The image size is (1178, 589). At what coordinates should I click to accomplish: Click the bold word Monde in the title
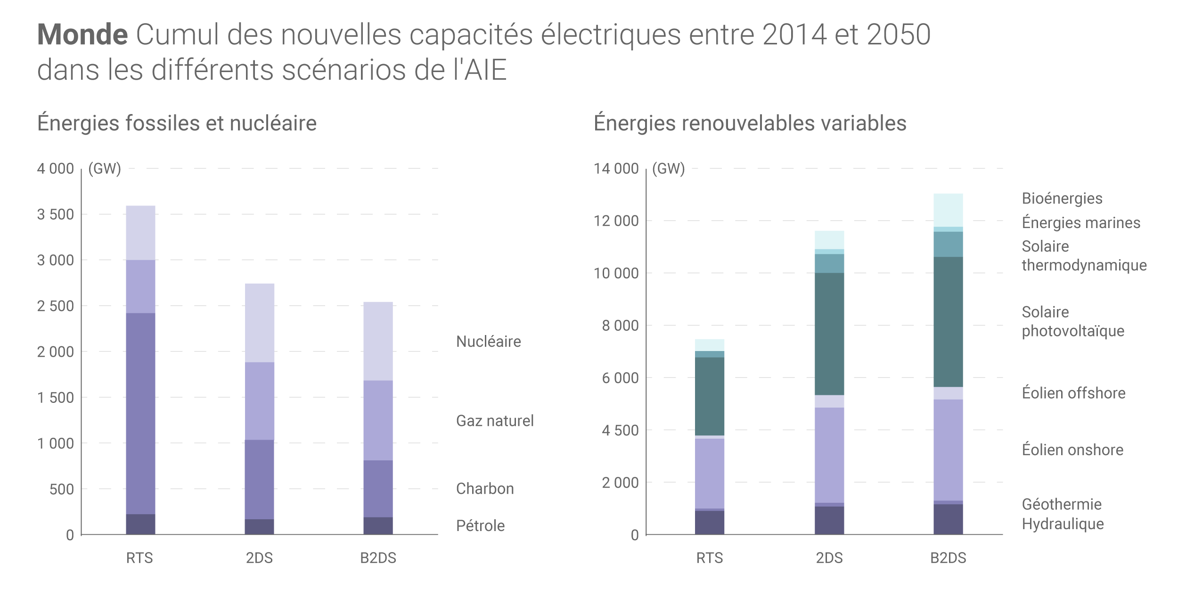click(x=82, y=34)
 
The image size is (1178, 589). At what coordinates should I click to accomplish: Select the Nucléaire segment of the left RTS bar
click(x=140, y=233)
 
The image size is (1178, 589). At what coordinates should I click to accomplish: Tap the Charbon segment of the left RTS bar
click(x=140, y=413)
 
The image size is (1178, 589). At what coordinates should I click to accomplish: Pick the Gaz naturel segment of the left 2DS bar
click(x=259, y=401)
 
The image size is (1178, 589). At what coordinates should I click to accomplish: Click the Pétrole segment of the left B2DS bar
click(x=378, y=526)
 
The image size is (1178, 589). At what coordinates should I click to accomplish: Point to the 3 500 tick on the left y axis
click(x=56, y=214)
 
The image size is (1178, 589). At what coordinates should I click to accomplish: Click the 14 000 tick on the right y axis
click(x=616, y=169)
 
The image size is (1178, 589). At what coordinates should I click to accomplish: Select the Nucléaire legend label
click(x=489, y=342)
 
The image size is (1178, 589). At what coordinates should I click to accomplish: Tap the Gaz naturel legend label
click(x=495, y=421)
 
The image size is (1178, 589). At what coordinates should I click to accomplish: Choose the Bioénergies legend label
click(x=1062, y=198)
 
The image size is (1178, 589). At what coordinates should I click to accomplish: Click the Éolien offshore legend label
click(x=1073, y=393)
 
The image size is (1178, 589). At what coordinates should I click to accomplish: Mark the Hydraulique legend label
click(x=1063, y=524)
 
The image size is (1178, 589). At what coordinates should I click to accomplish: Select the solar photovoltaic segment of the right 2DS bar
click(x=829, y=334)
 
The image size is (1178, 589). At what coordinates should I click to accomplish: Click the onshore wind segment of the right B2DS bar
click(x=948, y=450)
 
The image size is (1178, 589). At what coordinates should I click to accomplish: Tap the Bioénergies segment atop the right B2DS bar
click(x=948, y=210)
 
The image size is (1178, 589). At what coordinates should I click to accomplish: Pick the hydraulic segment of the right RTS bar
click(x=710, y=523)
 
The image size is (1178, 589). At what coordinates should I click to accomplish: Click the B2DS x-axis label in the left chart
click(x=378, y=558)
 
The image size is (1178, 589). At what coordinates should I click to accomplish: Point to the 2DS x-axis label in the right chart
click(x=829, y=558)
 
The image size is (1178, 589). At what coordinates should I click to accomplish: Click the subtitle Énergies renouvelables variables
click(x=750, y=123)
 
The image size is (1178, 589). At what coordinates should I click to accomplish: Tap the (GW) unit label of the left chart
click(x=105, y=169)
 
